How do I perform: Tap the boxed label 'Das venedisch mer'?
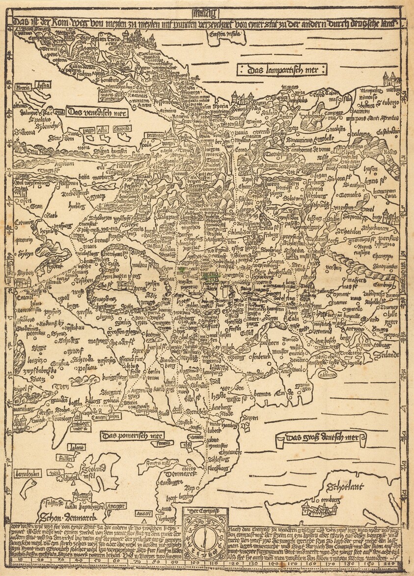pyautogui.click(x=97, y=113)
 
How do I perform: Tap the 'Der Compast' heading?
pyautogui.click(x=205, y=510)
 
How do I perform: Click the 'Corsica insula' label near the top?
pyautogui.click(x=224, y=35)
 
